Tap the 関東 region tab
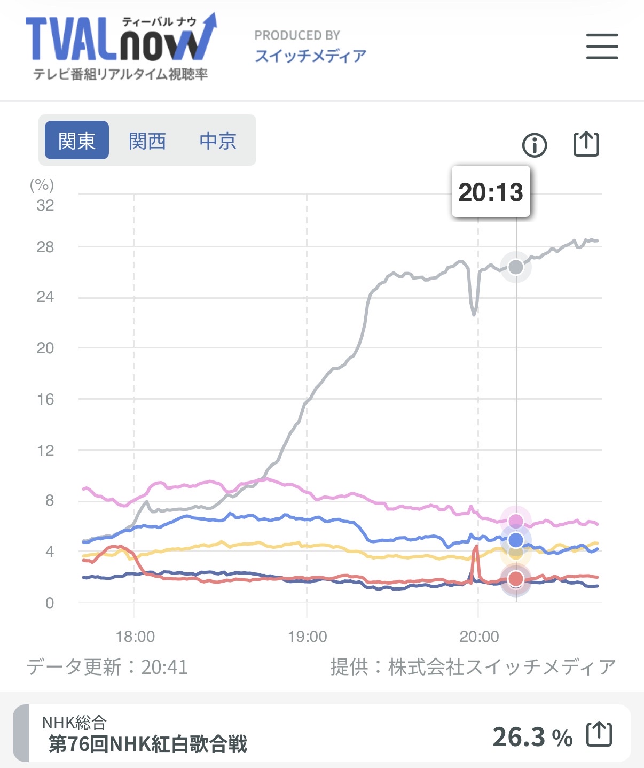pos(77,141)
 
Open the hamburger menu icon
pos(602,46)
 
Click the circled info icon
pos(535,145)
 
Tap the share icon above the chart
pos(586,144)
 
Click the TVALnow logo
pos(121,47)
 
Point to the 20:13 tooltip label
pos(491,192)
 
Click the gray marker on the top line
pos(516,267)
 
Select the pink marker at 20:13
pos(516,521)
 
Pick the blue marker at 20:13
pos(516,540)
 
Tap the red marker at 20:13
pos(516,578)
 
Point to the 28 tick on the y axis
pos(45,247)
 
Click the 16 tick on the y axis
pos(45,399)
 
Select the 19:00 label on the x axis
pos(307,637)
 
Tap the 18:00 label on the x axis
pos(135,637)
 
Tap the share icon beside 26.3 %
pos(599,735)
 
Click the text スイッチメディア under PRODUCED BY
pos(311,56)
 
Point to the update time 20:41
pos(164,667)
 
